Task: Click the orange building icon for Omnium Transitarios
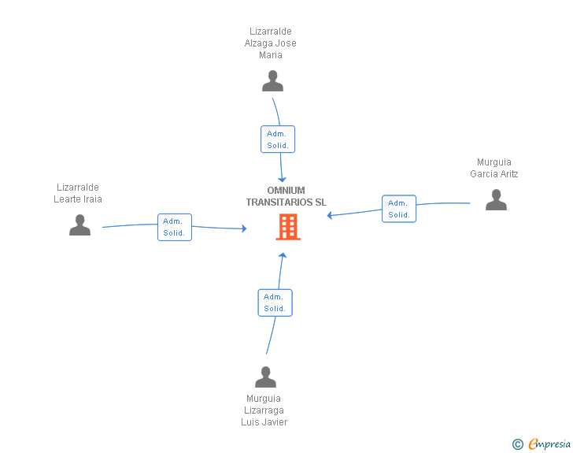coord(288,227)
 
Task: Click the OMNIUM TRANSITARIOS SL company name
coord(286,196)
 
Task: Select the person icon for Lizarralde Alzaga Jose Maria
coord(272,81)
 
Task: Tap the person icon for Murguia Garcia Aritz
coord(496,200)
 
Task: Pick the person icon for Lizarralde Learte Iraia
coord(79,225)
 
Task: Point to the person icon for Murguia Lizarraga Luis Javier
coord(266,377)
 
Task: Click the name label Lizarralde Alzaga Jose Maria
coord(271,43)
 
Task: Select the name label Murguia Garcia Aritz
coord(494,168)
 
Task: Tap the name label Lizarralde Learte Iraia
coord(78,193)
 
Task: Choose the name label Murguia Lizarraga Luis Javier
coord(264,410)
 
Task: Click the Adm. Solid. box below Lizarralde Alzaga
coord(278,139)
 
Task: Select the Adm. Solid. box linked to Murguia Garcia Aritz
coord(399,209)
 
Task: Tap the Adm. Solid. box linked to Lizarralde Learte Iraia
coord(175,227)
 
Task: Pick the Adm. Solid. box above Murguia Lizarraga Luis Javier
coord(275,303)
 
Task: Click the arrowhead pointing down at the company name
coord(282,180)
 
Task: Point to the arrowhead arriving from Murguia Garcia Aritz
coord(329,215)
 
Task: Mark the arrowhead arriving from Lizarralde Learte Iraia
coord(244,228)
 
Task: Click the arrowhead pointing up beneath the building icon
coord(282,255)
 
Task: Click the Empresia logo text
coord(549,444)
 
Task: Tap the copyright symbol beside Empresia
coord(518,444)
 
